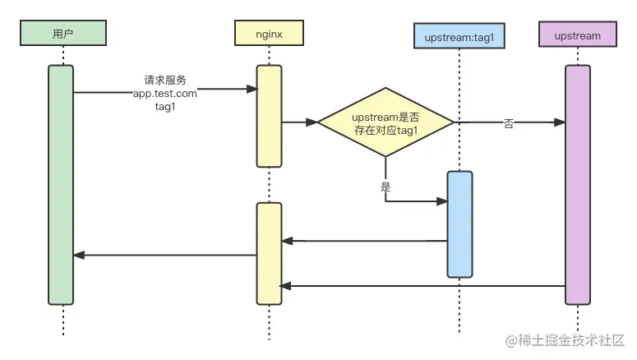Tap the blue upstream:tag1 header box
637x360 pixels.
point(459,36)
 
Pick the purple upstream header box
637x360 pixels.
point(577,35)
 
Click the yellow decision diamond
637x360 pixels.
point(385,122)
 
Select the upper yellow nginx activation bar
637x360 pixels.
point(270,115)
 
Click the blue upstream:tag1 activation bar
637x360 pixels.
point(459,224)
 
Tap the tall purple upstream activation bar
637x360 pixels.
point(577,185)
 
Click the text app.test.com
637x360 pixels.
point(165,94)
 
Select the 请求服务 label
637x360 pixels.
point(165,81)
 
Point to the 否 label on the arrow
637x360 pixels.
point(509,123)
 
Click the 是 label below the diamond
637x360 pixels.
point(385,187)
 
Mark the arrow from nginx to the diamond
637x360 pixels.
point(300,122)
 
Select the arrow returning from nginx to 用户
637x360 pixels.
point(164,256)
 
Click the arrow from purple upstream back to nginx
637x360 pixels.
point(422,286)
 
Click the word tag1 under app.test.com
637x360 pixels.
point(165,107)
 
